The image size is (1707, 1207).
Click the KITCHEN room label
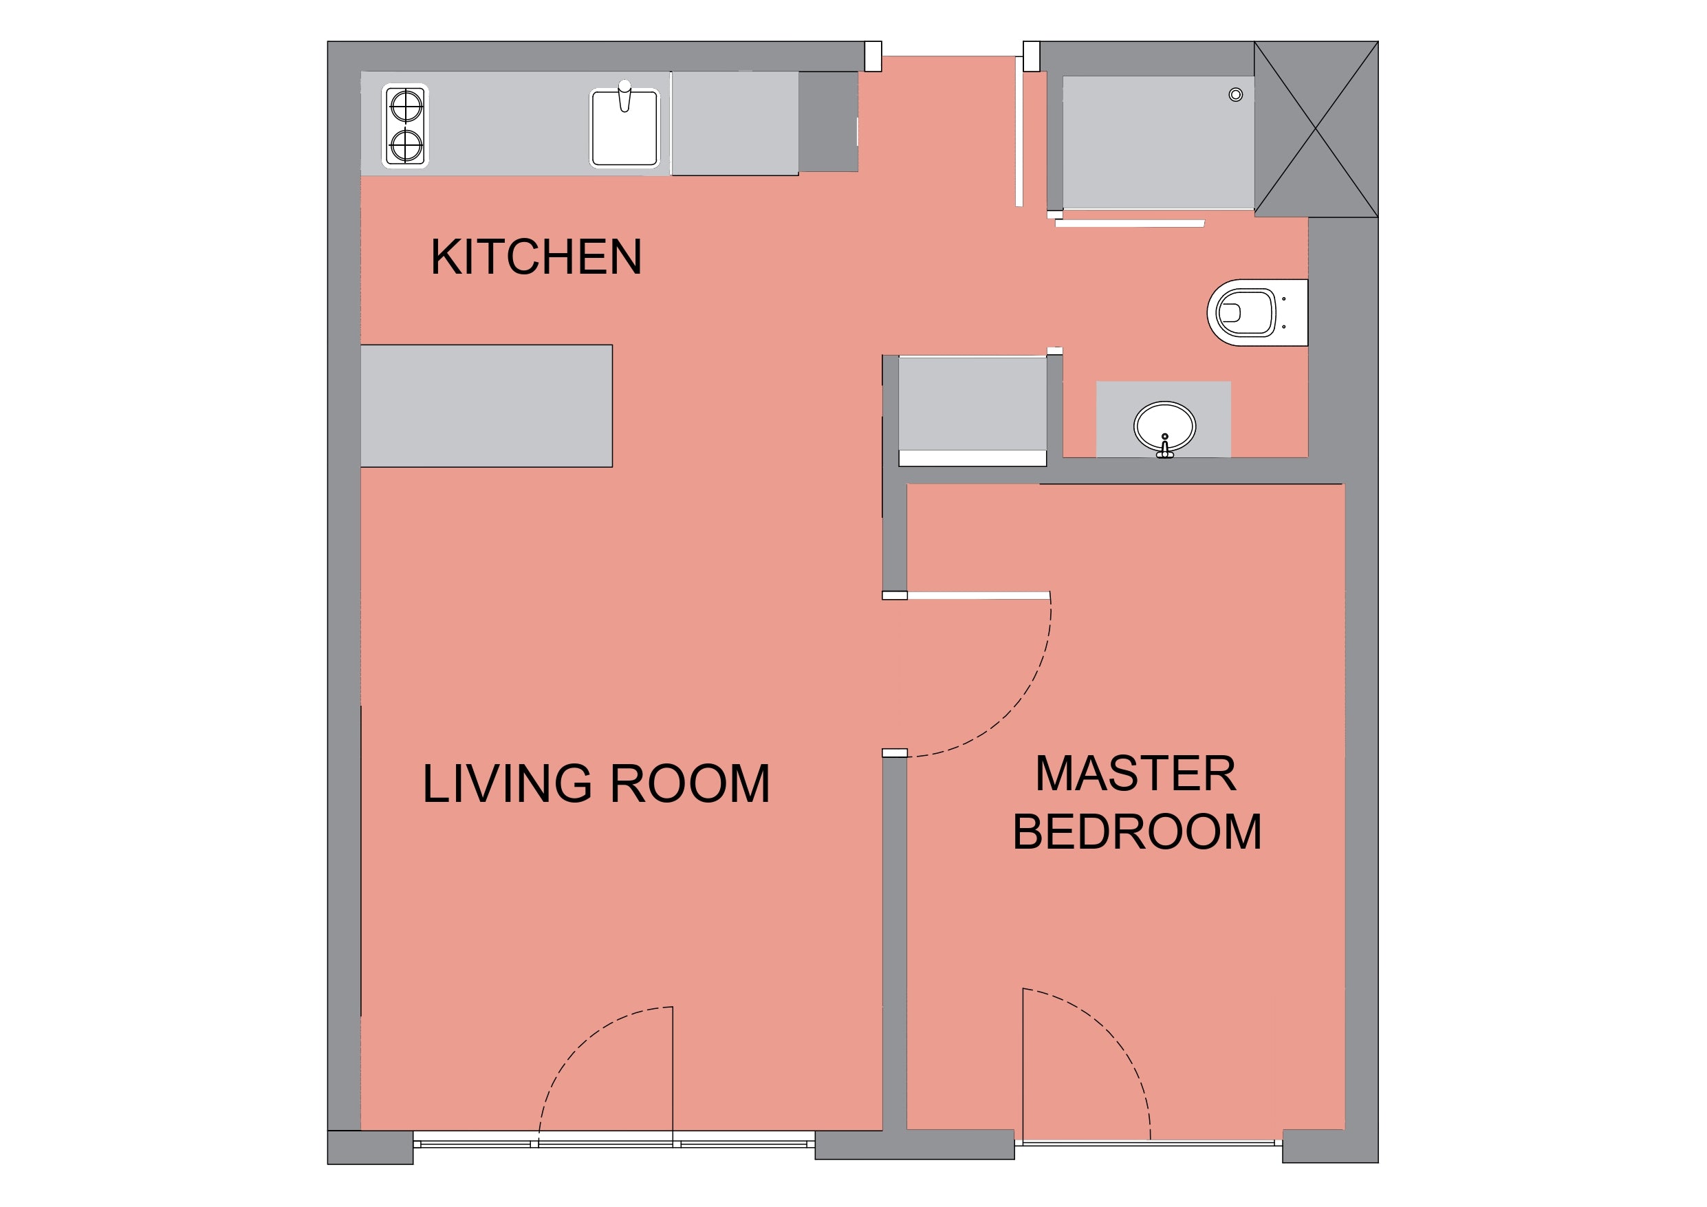tap(536, 257)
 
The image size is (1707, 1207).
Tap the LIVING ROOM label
tap(596, 784)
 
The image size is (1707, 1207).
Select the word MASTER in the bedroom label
tap(1136, 774)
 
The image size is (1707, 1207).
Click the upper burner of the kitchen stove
tap(406, 107)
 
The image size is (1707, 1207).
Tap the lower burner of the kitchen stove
tap(406, 145)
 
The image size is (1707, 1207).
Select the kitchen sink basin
tap(624, 128)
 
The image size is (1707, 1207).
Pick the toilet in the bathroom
tap(1257, 312)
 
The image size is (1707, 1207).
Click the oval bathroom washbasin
tap(1164, 427)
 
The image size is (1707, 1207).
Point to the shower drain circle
tap(1236, 94)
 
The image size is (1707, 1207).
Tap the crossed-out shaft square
tap(1316, 129)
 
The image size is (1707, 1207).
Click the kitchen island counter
tap(486, 406)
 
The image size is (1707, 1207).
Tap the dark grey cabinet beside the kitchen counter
tap(828, 122)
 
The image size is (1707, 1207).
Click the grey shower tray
tap(1158, 143)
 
